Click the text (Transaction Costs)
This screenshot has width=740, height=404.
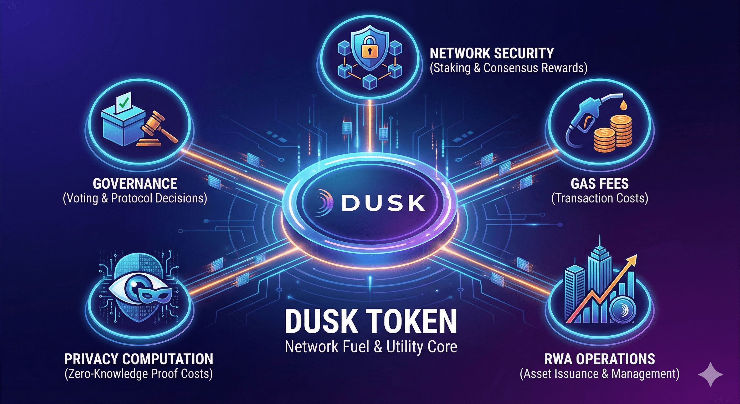coord(599,198)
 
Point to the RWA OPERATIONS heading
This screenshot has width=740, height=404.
coord(599,358)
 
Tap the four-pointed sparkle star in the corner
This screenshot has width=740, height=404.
coord(710,374)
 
